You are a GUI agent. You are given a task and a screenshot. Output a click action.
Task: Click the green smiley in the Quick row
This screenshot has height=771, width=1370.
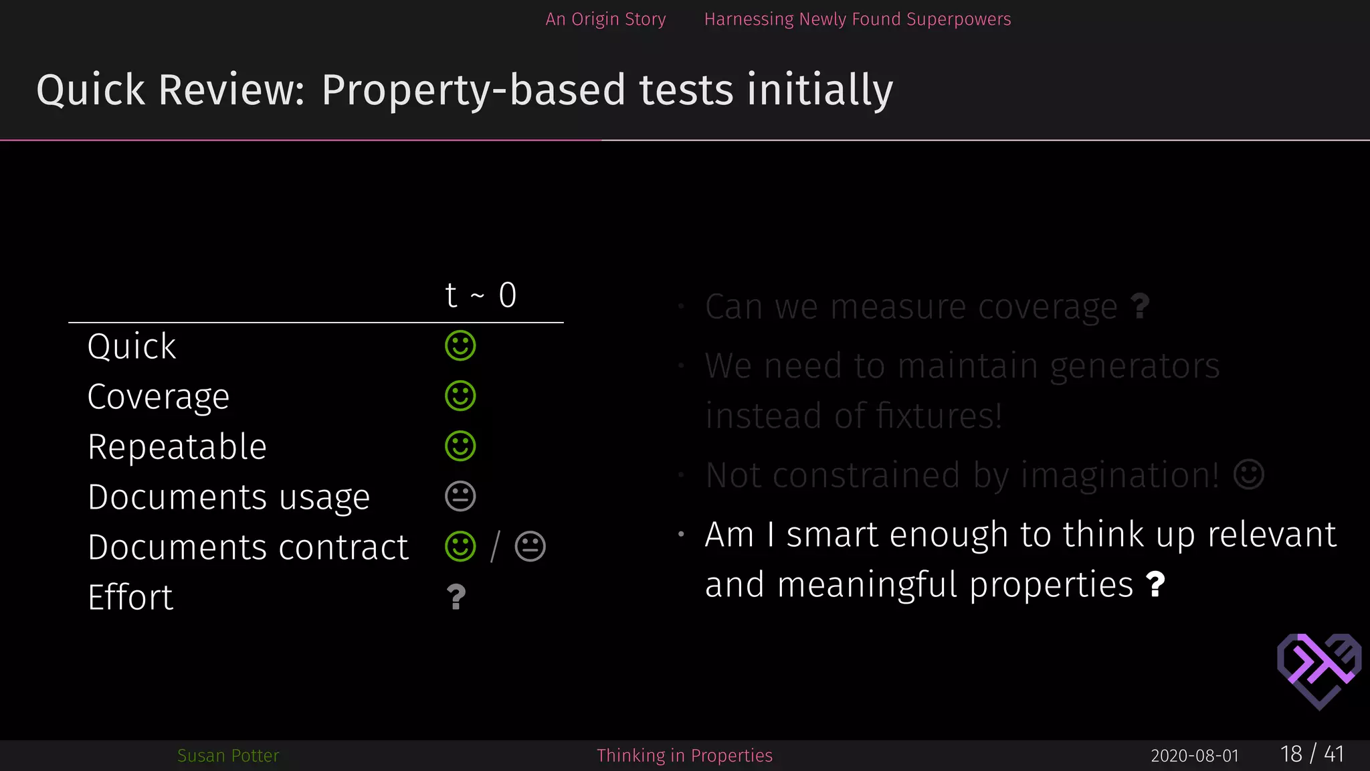click(x=460, y=346)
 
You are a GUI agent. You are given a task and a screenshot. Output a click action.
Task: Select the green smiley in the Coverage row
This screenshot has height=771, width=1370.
click(x=460, y=396)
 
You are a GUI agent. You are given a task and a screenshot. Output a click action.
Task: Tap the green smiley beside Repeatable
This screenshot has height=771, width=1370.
click(x=460, y=446)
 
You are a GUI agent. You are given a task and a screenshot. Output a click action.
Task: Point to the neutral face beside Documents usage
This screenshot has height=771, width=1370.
click(x=460, y=497)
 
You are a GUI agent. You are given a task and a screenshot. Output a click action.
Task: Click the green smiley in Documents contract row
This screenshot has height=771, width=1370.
click(x=460, y=547)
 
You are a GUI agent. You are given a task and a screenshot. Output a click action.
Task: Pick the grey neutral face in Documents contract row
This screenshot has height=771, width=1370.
click(x=530, y=547)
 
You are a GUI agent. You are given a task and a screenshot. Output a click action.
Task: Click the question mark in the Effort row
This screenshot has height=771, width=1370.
click(x=456, y=597)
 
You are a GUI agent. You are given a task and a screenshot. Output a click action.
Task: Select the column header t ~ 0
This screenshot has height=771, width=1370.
click(x=481, y=295)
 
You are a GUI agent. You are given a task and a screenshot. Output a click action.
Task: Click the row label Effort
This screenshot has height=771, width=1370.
click(x=130, y=597)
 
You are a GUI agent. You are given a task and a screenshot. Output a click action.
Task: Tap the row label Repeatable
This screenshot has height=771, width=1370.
click(x=177, y=447)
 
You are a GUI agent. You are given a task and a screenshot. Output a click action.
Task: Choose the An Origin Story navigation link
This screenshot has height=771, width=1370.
click(x=605, y=19)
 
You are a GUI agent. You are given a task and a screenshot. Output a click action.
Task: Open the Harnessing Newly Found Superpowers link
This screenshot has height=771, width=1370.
click(x=858, y=19)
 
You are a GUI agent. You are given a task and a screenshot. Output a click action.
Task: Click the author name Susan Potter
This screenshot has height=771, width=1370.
click(x=228, y=756)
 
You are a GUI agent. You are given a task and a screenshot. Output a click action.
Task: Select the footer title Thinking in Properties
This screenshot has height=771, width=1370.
click(x=684, y=756)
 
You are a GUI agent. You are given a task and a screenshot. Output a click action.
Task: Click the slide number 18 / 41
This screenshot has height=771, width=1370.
click(x=1312, y=754)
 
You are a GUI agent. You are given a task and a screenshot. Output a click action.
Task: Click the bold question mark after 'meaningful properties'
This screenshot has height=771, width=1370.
click(x=1155, y=584)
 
